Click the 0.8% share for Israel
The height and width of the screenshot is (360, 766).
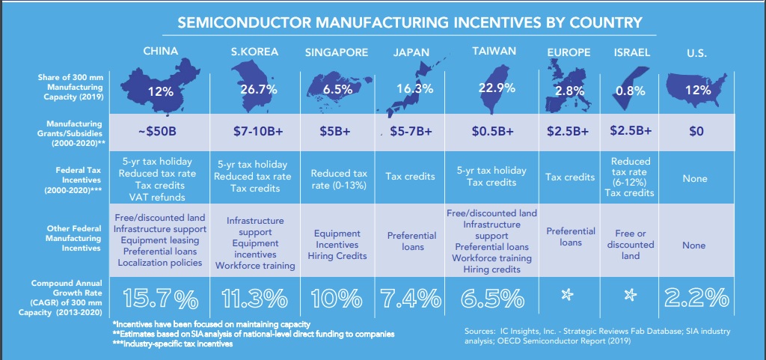631,91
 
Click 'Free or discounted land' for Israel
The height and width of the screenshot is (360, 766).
631,244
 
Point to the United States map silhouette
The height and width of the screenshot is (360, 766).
695,89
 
